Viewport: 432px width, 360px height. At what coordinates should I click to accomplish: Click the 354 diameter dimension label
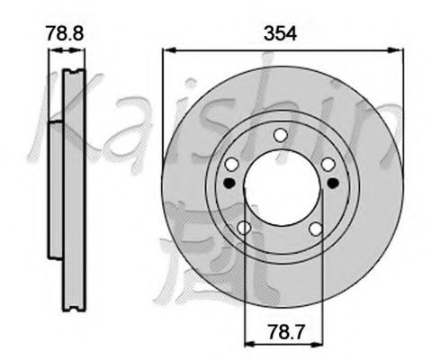[281, 33]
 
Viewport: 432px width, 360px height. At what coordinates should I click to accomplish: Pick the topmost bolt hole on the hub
[280, 135]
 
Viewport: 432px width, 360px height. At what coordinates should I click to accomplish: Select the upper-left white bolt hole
[232, 165]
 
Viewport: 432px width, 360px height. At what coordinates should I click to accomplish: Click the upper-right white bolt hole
[328, 164]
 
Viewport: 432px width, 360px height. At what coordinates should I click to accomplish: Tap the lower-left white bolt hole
[245, 229]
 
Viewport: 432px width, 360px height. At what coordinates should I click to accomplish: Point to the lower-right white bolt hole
[315, 229]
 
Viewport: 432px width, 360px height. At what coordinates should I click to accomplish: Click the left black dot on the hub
[228, 183]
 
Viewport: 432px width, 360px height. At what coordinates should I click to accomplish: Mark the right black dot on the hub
[333, 183]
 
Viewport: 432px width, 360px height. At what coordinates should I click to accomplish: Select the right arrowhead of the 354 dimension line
[397, 52]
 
